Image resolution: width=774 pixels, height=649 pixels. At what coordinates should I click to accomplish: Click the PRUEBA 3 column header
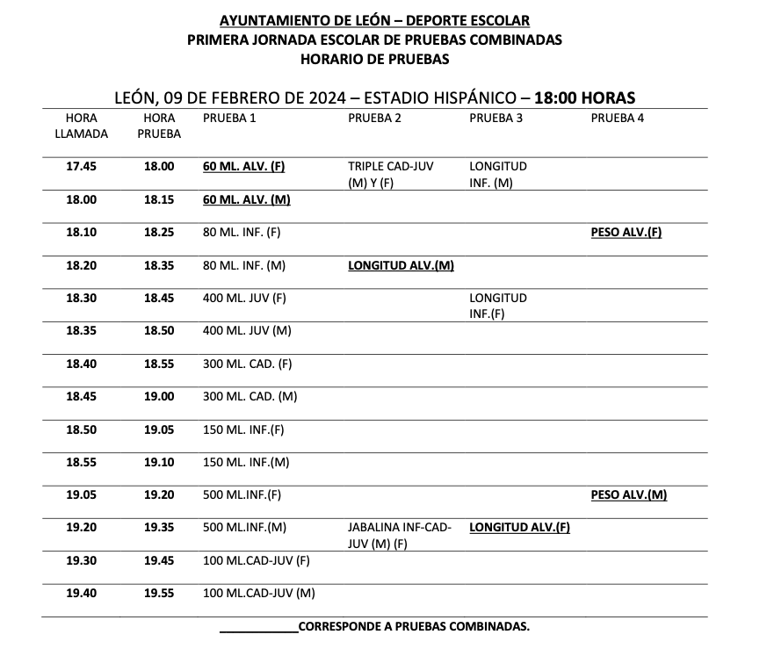496,118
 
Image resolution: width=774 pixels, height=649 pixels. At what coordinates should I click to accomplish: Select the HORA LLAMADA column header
82,126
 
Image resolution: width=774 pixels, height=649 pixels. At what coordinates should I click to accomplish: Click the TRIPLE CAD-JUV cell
390,174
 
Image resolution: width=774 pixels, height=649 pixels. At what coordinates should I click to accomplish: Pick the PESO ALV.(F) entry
626,233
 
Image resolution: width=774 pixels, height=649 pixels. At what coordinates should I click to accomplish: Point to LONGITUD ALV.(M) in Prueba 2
401,265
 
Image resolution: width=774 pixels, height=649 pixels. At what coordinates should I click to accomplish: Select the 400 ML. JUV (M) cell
247,330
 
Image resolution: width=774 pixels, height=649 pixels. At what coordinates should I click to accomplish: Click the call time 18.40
82,364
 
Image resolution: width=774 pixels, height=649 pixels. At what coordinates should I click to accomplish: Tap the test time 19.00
159,396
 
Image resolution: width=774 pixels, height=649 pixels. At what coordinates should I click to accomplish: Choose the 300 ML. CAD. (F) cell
247,364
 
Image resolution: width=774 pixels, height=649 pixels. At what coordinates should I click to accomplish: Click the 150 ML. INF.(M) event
246,462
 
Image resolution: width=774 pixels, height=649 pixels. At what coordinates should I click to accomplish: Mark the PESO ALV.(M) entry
629,495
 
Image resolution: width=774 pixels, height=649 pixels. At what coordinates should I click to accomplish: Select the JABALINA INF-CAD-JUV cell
400,535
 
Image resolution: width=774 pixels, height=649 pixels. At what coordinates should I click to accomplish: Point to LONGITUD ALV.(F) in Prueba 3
520,528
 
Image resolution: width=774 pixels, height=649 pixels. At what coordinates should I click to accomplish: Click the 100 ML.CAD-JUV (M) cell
258,594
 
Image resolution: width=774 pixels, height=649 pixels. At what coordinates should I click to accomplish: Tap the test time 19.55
159,594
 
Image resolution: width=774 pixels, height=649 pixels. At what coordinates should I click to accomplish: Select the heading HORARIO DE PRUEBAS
374,59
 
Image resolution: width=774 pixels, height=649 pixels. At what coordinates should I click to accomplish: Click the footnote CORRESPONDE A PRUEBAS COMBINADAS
414,627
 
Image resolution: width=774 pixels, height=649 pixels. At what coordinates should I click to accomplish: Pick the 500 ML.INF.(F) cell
242,495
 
